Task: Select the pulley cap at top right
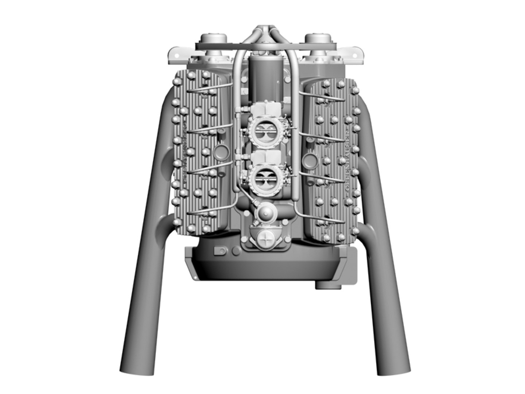[316, 38]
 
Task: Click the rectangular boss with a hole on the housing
[220, 251]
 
